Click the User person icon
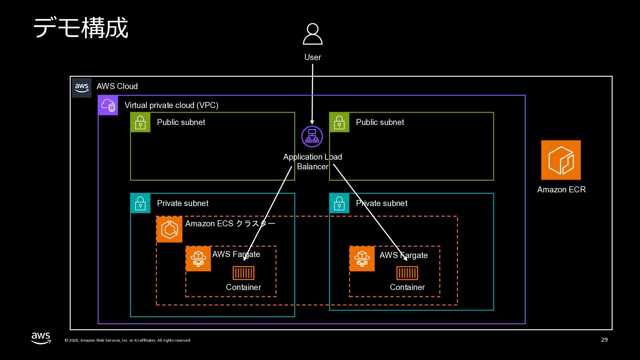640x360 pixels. pos(312,34)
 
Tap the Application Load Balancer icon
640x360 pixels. pos(312,136)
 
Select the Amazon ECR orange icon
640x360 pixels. pos(561,160)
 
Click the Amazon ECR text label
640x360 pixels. pos(561,190)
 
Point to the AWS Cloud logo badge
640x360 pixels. pos(82,88)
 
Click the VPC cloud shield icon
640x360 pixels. pos(108,105)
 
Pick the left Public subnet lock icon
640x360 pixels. pos(140,122)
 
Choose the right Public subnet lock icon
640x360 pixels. pos(339,122)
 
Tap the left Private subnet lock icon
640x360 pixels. pos(140,203)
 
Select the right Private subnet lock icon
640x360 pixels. pos(339,203)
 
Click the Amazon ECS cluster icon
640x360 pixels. pos(169,229)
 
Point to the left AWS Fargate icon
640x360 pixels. pos(198,259)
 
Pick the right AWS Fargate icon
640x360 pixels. pos(362,259)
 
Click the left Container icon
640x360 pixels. pos(243,273)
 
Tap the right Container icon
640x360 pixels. pos(407,273)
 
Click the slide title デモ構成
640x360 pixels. pos(81,28)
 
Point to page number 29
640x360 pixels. pos(604,340)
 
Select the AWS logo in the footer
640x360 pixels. pos(41,338)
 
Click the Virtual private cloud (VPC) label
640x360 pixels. pos(171,105)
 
